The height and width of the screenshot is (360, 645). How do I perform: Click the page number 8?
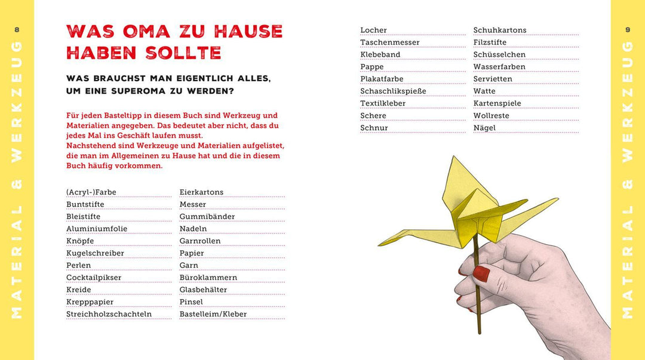[17, 30]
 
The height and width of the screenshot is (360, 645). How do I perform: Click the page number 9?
[628, 30]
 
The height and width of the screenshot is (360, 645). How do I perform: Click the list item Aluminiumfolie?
[97, 229]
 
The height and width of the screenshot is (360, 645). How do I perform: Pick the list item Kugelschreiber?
[95, 253]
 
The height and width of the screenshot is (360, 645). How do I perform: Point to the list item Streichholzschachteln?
[109, 314]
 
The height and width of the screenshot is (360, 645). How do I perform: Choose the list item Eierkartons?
[201, 192]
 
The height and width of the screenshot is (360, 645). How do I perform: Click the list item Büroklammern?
[208, 278]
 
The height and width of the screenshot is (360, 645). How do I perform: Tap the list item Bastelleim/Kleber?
[213, 314]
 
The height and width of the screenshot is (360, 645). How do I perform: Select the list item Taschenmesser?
[389, 42]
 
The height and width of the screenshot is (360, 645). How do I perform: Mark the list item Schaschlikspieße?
[393, 91]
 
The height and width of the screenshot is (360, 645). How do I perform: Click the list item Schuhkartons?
[500, 30]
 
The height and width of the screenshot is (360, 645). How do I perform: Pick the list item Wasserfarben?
[499, 67]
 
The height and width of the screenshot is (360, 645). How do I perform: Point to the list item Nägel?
[484, 128]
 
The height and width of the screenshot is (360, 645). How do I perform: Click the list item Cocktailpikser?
[94, 278]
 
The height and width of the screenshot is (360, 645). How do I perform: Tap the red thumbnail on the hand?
[481, 274]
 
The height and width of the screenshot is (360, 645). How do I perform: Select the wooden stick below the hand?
[479, 316]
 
